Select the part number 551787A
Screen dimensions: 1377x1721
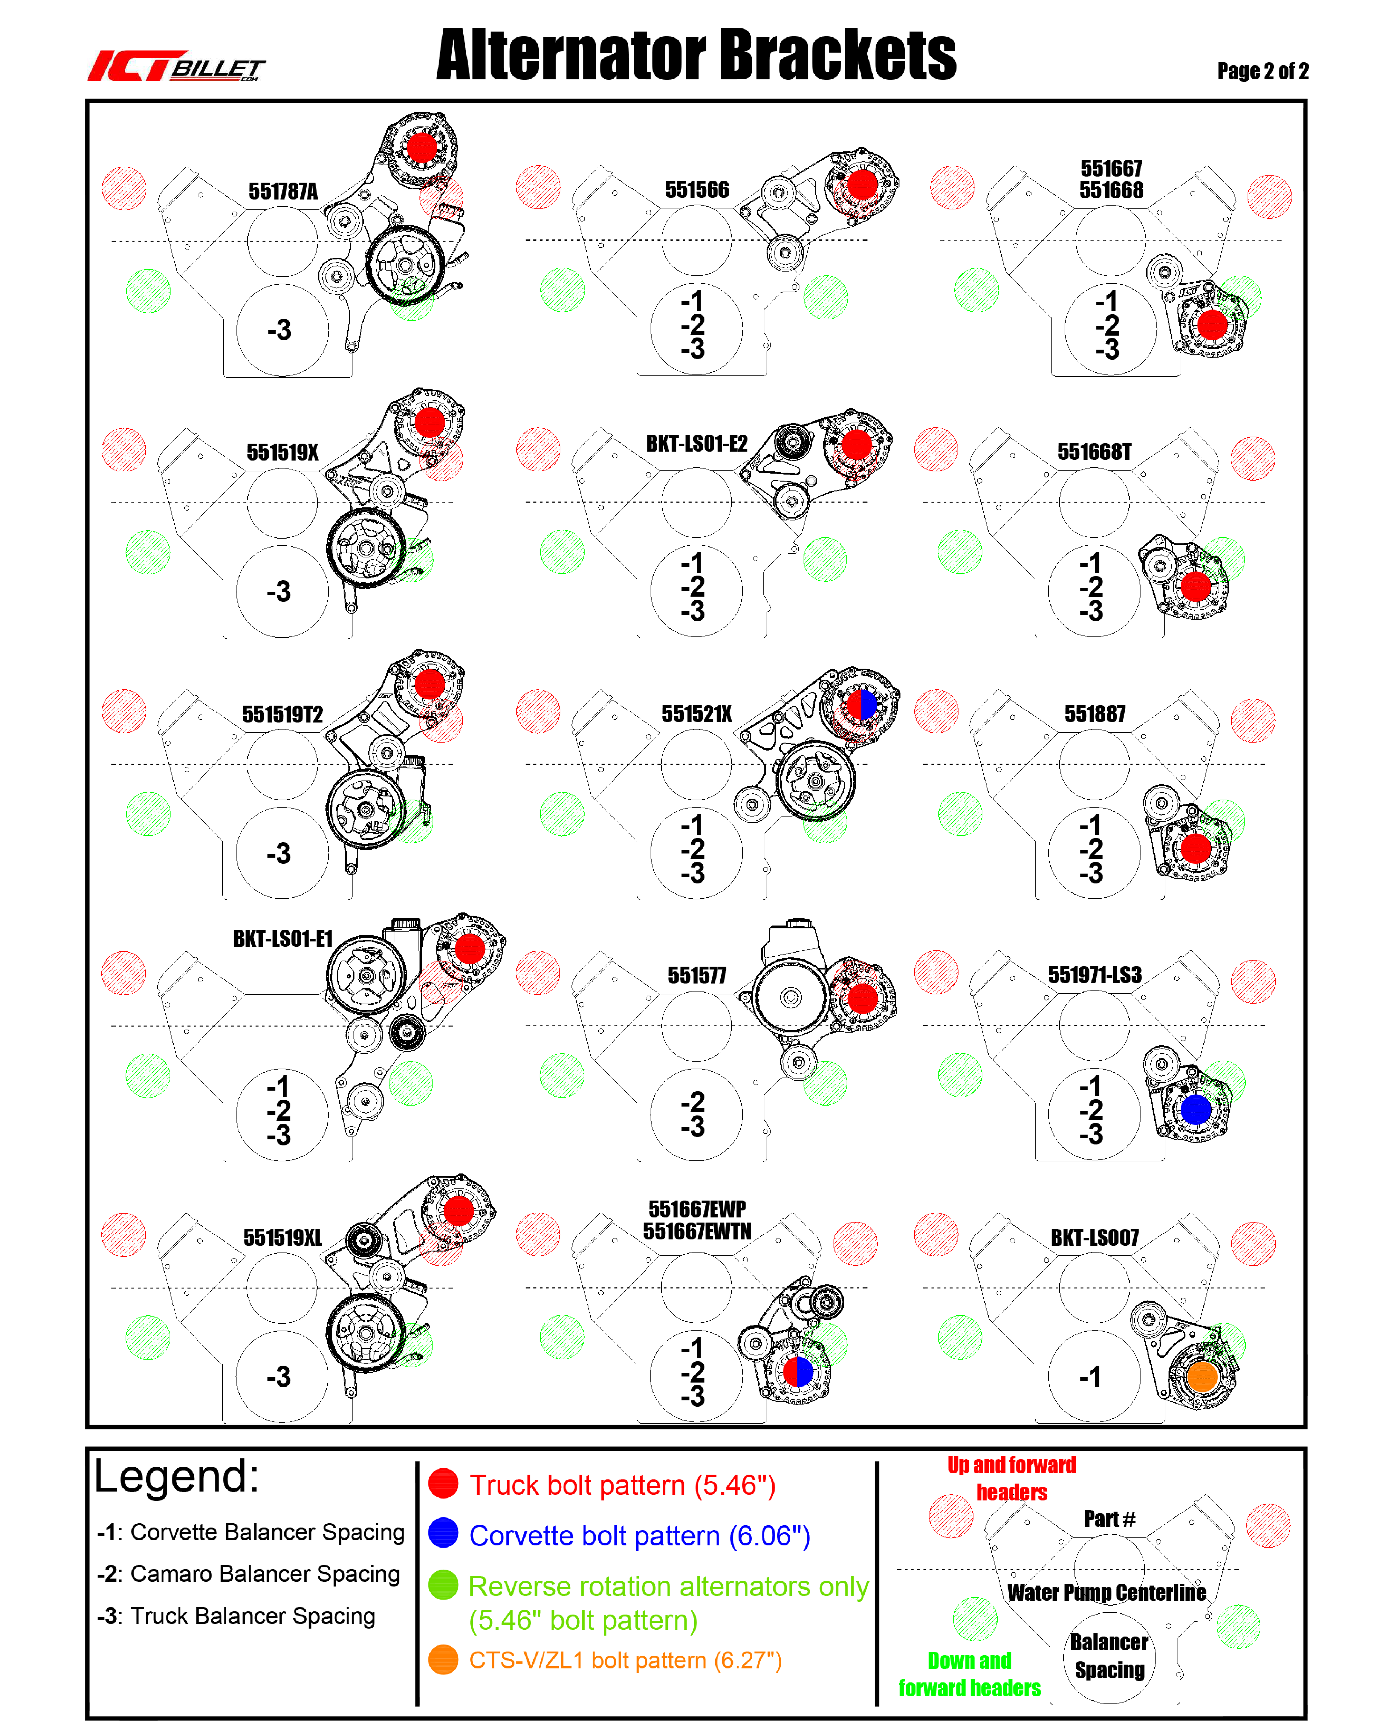pyautogui.click(x=283, y=192)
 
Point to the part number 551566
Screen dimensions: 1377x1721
pyautogui.click(x=697, y=190)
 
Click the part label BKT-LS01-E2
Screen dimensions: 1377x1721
pyautogui.click(x=697, y=444)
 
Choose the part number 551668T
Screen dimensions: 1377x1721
pyautogui.click(x=1094, y=452)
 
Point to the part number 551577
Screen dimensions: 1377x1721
pyautogui.click(x=697, y=976)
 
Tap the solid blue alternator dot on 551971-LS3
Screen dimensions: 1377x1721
pyautogui.click(x=1196, y=1109)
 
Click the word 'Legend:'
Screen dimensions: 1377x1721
pyautogui.click(x=176, y=1477)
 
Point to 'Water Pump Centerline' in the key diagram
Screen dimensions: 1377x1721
pyautogui.click(x=1106, y=1593)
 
